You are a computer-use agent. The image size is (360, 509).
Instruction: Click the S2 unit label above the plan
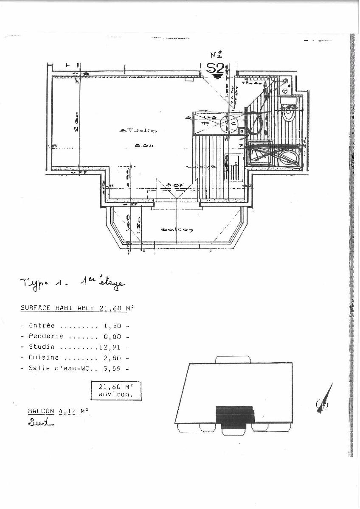click(x=215, y=68)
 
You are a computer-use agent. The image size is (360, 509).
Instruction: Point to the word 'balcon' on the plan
click(x=177, y=230)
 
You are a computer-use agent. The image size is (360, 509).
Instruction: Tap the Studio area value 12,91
click(x=110, y=347)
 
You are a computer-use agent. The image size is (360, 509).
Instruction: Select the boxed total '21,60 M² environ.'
click(x=116, y=390)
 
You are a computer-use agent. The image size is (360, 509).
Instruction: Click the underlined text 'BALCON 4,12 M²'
click(x=58, y=411)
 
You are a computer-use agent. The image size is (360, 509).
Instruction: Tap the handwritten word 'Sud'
click(x=39, y=422)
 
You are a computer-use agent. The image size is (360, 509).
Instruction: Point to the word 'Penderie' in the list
click(x=46, y=336)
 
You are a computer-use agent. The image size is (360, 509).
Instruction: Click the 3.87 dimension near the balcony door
click(x=172, y=185)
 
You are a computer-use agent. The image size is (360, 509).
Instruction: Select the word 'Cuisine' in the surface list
click(x=44, y=358)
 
